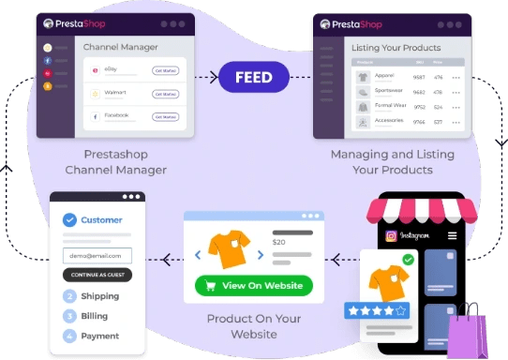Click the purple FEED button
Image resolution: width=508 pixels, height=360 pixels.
253,77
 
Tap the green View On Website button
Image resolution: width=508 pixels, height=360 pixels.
253,286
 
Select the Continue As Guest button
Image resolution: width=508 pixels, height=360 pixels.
97,275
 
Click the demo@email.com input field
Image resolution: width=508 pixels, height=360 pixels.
97,255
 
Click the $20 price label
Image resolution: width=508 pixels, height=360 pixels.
278,242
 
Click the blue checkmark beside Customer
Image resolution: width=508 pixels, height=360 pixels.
69,220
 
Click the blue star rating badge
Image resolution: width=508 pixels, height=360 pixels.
376,308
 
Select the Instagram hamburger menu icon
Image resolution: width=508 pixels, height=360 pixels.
452,235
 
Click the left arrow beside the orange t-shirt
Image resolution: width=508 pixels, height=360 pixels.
197,253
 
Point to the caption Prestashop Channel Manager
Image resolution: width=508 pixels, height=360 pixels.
116,162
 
